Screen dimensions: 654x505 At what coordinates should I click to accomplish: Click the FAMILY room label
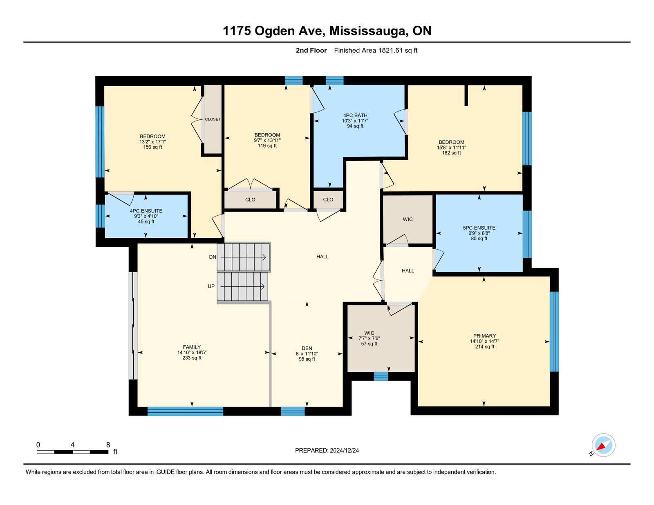192,347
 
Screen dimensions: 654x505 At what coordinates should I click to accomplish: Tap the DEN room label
307,348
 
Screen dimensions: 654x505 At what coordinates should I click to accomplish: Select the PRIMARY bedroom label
484,336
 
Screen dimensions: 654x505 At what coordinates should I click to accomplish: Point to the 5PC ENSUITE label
479,228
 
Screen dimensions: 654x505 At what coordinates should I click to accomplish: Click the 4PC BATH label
355,115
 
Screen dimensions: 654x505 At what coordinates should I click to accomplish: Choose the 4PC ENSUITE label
146,211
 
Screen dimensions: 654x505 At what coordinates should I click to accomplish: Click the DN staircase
244,257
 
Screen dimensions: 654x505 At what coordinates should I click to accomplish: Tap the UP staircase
242,287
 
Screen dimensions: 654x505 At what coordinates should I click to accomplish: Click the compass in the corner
603,445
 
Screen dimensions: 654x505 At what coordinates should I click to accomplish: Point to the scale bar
72,452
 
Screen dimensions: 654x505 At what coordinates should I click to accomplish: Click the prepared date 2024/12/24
344,450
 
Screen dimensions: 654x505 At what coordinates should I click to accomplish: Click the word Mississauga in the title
367,31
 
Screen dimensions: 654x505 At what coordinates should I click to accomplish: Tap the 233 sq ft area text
192,358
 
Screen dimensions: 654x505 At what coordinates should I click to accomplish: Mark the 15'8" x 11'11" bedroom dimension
451,147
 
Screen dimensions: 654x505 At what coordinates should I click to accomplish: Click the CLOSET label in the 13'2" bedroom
213,119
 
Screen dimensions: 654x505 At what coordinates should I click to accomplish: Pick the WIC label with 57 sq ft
369,333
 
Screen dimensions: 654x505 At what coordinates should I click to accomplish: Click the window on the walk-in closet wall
381,376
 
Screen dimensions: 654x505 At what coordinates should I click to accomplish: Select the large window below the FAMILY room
185,411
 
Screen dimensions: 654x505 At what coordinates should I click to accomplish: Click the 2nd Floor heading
311,51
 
